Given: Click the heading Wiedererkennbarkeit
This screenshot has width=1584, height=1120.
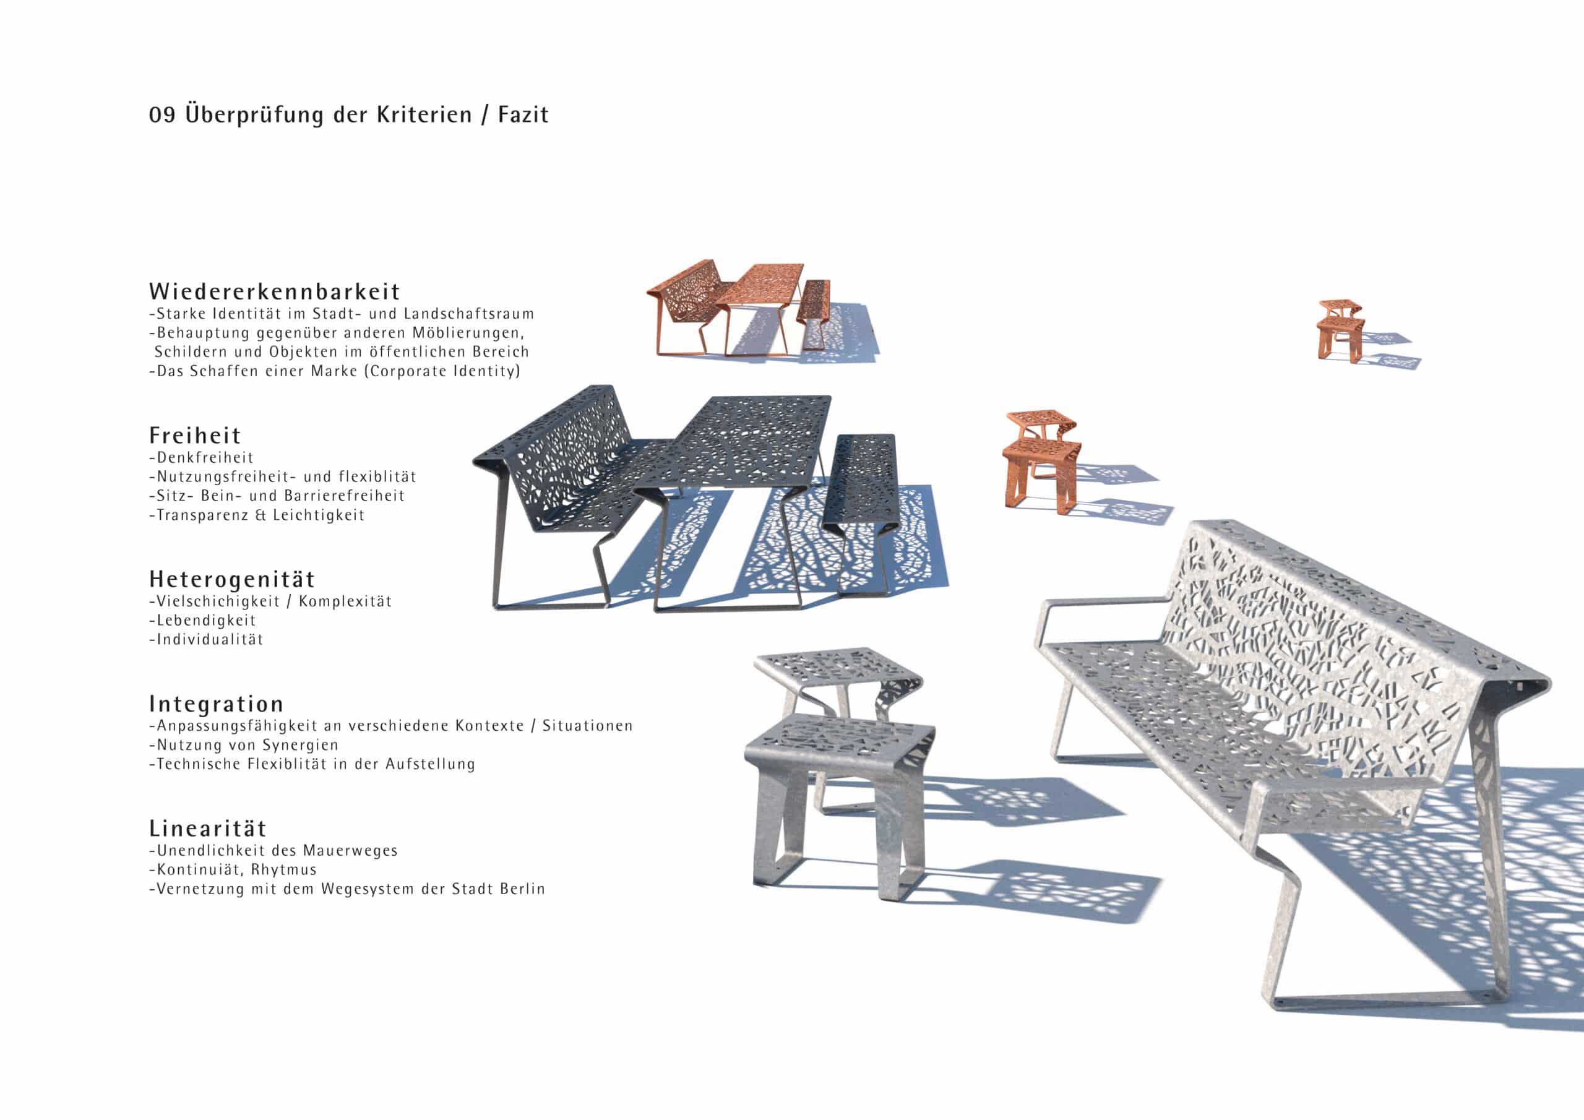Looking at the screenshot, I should (x=275, y=291).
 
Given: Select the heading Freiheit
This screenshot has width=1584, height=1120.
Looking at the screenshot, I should (x=196, y=436).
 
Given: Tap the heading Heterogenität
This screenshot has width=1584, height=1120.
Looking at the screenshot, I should (x=232, y=579).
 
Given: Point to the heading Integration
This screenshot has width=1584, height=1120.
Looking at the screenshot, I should (x=217, y=704).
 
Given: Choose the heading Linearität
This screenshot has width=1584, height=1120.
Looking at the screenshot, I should (x=208, y=828).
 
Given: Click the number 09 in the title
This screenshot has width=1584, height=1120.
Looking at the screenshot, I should (x=162, y=114).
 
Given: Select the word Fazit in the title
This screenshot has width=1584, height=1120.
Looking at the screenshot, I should (x=523, y=114).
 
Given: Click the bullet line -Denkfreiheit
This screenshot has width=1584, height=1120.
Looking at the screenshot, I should (x=202, y=457).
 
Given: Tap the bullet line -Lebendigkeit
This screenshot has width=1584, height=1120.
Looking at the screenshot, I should (x=202, y=621).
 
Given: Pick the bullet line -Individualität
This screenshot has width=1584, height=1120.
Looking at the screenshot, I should (x=206, y=640).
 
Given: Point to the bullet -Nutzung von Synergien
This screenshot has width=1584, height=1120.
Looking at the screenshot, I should (x=244, y=745).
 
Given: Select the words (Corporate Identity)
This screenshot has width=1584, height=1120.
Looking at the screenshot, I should (x=442, y=371).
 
